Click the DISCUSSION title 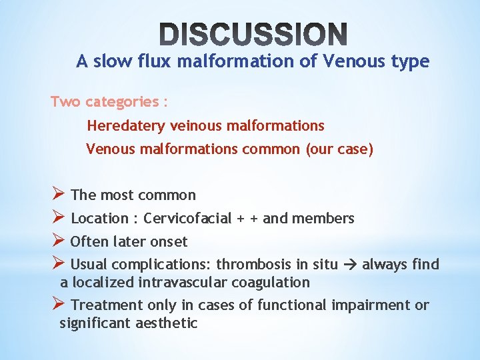tap(253, 34)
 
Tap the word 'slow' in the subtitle tap(110, 62)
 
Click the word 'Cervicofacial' tap(188, 218)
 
